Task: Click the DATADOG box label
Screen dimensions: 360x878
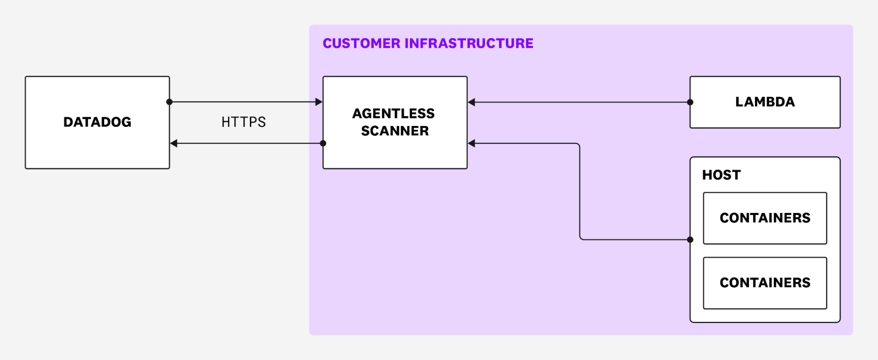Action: click(x=97, y=122)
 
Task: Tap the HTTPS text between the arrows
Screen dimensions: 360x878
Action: click(x=243, y=122)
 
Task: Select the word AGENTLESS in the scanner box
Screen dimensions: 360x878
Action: click(x=393, y=114)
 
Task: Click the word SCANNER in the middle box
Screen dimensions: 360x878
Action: click(x=394, y=131)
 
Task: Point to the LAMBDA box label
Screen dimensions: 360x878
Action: click(x=765, y=102)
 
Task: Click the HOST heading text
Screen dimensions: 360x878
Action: click(x=721, y=175)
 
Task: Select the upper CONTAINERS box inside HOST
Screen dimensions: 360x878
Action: click(x=765, y=218)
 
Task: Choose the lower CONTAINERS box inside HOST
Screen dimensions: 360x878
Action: click(x=765, y=283)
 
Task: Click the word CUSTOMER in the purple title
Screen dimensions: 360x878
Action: click(x=361, y=43)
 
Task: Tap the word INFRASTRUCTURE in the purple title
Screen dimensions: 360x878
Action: click(x=469, y=43)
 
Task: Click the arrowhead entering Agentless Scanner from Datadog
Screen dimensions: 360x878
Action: click(x=319, y=102)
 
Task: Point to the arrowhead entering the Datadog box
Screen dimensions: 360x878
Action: click(x=174, y=143)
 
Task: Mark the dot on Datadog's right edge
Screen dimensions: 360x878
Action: click(x=170, y=102)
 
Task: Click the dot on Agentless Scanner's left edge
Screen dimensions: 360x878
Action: click(x=323, y=143)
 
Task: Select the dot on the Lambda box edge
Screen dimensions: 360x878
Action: click(x=690, y=102)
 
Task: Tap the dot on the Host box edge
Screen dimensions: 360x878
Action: click(x=690, y=240)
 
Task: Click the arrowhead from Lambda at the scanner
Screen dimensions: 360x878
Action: click(x=472, y=102)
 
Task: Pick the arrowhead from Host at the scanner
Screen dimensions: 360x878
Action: click(x=472, y=143)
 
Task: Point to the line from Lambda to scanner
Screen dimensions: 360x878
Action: click(x=580, y=102)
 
